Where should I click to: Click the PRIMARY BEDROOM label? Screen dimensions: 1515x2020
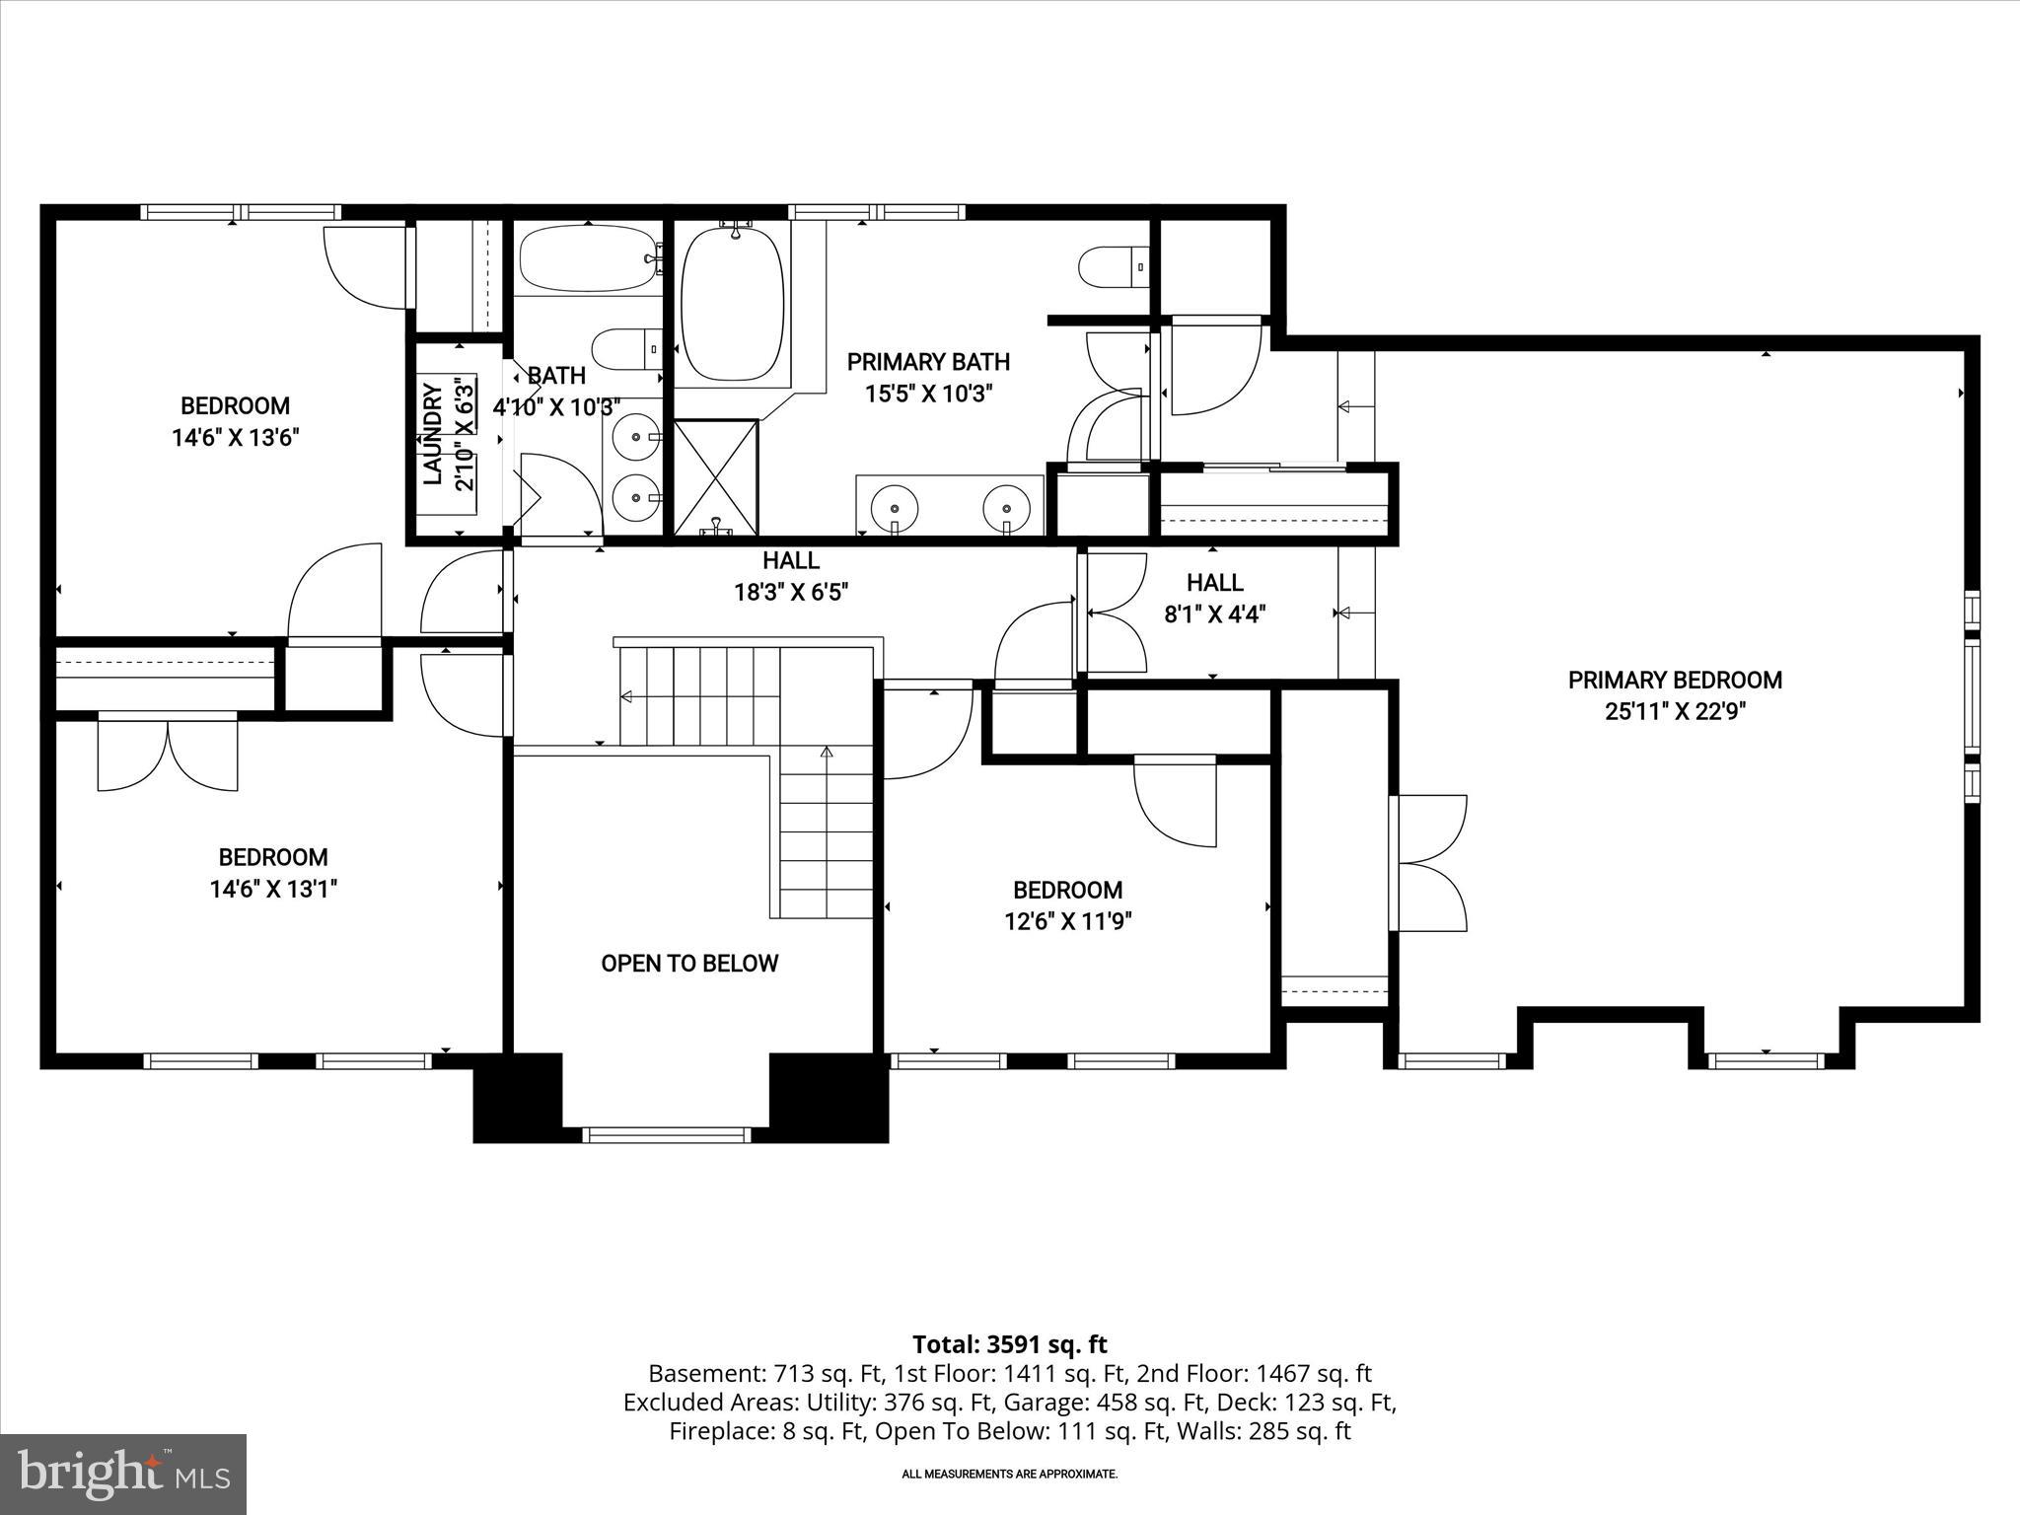click(x=1675, y=680)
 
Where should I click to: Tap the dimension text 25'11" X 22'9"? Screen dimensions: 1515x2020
click(x=1675, y=712)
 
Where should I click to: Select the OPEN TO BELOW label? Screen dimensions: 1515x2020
click(x=689, y=964)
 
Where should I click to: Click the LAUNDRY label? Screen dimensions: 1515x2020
click(x=433, y=435)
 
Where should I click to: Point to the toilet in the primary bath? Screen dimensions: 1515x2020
click(x=1113, y=266)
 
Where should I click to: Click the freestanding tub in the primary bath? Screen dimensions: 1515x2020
click(x=733, y=303)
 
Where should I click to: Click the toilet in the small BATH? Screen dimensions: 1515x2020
click(x=625, y=348)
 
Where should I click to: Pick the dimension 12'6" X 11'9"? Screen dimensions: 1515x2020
click(x=1067, y=922)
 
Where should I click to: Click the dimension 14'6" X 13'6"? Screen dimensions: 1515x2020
click(x=235, y=438)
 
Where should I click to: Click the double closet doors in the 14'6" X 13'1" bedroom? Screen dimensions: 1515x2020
click(x=168, y=755)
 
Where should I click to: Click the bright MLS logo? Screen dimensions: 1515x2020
click(x=122, y=1474)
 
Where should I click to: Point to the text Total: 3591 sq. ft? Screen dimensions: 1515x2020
click(x=1009, y=1344)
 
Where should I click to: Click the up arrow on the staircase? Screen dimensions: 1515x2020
click(x=827, y=755)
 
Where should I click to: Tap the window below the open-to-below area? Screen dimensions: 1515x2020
click(x=667, y=1135)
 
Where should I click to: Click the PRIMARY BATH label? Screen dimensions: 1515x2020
click(x=928, y=362)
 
